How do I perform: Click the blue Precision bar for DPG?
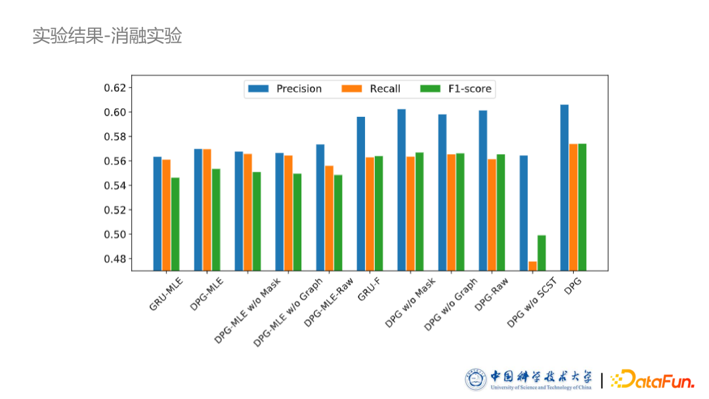coord(564,187)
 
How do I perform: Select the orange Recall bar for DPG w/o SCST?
coord(532,266)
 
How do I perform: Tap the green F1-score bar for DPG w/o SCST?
coord(542,253)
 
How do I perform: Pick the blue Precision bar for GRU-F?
coord(361,194)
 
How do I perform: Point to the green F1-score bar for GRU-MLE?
coord(175,224)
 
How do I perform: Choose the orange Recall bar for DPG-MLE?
coord(207,209)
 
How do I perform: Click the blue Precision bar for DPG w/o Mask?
coord(402,190)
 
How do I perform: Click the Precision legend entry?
coord(284,89)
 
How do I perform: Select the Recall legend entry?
coord(372,89)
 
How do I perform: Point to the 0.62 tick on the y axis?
coord(119,88)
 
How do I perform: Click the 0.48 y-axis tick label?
coord(119,259)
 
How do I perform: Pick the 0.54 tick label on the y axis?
coord(119,186)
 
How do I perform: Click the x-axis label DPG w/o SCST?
coord(531,303)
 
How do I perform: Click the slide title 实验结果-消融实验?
coord(107,35)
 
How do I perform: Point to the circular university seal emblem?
coord(476,379)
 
